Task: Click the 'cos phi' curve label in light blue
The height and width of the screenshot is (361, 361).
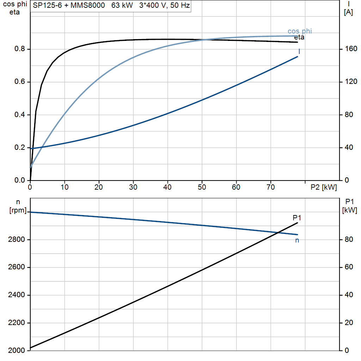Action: point(300,31)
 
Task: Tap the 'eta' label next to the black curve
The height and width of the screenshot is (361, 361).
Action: point(299,37)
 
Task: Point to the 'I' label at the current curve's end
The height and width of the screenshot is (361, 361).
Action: point(299,51)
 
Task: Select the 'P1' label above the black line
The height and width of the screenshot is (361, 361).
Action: point(297,218)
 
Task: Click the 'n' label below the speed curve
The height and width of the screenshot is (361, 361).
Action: point(297,240)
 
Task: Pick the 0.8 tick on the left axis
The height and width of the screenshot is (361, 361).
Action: point(20,49)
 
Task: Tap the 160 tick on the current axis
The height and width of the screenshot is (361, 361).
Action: point(351,49)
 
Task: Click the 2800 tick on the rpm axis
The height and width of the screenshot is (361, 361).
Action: point(16,239)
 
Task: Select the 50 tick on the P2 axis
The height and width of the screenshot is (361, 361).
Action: point(202,187)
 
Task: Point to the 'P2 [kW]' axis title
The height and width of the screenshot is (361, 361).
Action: point(324,187)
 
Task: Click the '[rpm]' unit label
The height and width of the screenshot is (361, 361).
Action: point(18,210)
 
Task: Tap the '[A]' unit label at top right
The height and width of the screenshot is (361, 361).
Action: point(348,12)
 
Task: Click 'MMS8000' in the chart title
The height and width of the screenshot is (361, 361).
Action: point(87,5)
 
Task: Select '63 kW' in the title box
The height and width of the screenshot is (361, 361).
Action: point(122,5)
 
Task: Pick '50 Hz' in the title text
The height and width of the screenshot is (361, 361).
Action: point(180,5)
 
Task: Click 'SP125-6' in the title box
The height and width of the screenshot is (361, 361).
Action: point(47,5)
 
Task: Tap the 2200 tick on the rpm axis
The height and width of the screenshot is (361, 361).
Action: point(16,323)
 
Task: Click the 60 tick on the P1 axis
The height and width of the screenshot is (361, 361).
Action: point(349,267)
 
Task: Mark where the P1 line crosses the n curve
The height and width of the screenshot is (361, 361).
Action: point(278,233)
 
